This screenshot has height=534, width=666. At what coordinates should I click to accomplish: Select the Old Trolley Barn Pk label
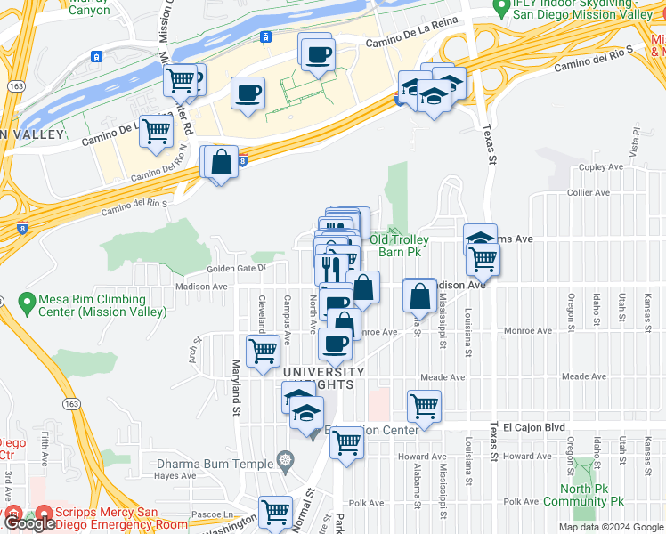[400, 246]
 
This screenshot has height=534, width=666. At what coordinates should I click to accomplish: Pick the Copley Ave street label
[600, 167]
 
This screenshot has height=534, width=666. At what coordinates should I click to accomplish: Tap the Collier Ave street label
[589, 192]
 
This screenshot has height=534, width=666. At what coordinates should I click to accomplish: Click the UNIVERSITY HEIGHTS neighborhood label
[324, 377]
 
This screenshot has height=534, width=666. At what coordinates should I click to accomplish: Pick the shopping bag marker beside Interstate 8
[222, 162]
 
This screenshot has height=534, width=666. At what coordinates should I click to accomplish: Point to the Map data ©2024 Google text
[610, 527]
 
